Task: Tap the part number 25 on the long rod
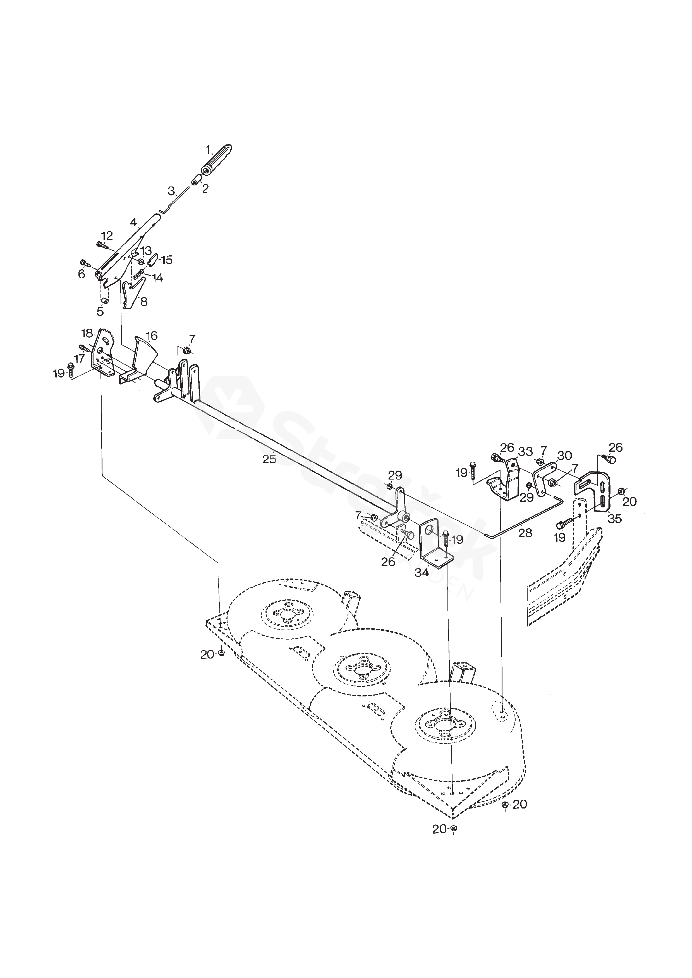point(269,459)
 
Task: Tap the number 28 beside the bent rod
point(525,533)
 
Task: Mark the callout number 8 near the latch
point(144,302)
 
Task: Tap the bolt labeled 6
point(84,263)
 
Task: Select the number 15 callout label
point(166,260)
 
